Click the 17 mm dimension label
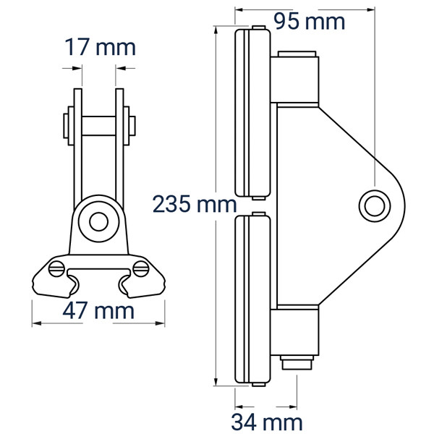coord(101,47)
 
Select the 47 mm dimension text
coord(98,310)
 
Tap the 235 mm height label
coord(195,204)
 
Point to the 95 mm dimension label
coord(310,21)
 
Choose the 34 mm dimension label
coord(267,422)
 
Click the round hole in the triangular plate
coord(375,205)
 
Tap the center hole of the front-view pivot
coord(98,221)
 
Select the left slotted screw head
coord(56,268)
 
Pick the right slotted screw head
coord(141,268)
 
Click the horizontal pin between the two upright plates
coord(99,126)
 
